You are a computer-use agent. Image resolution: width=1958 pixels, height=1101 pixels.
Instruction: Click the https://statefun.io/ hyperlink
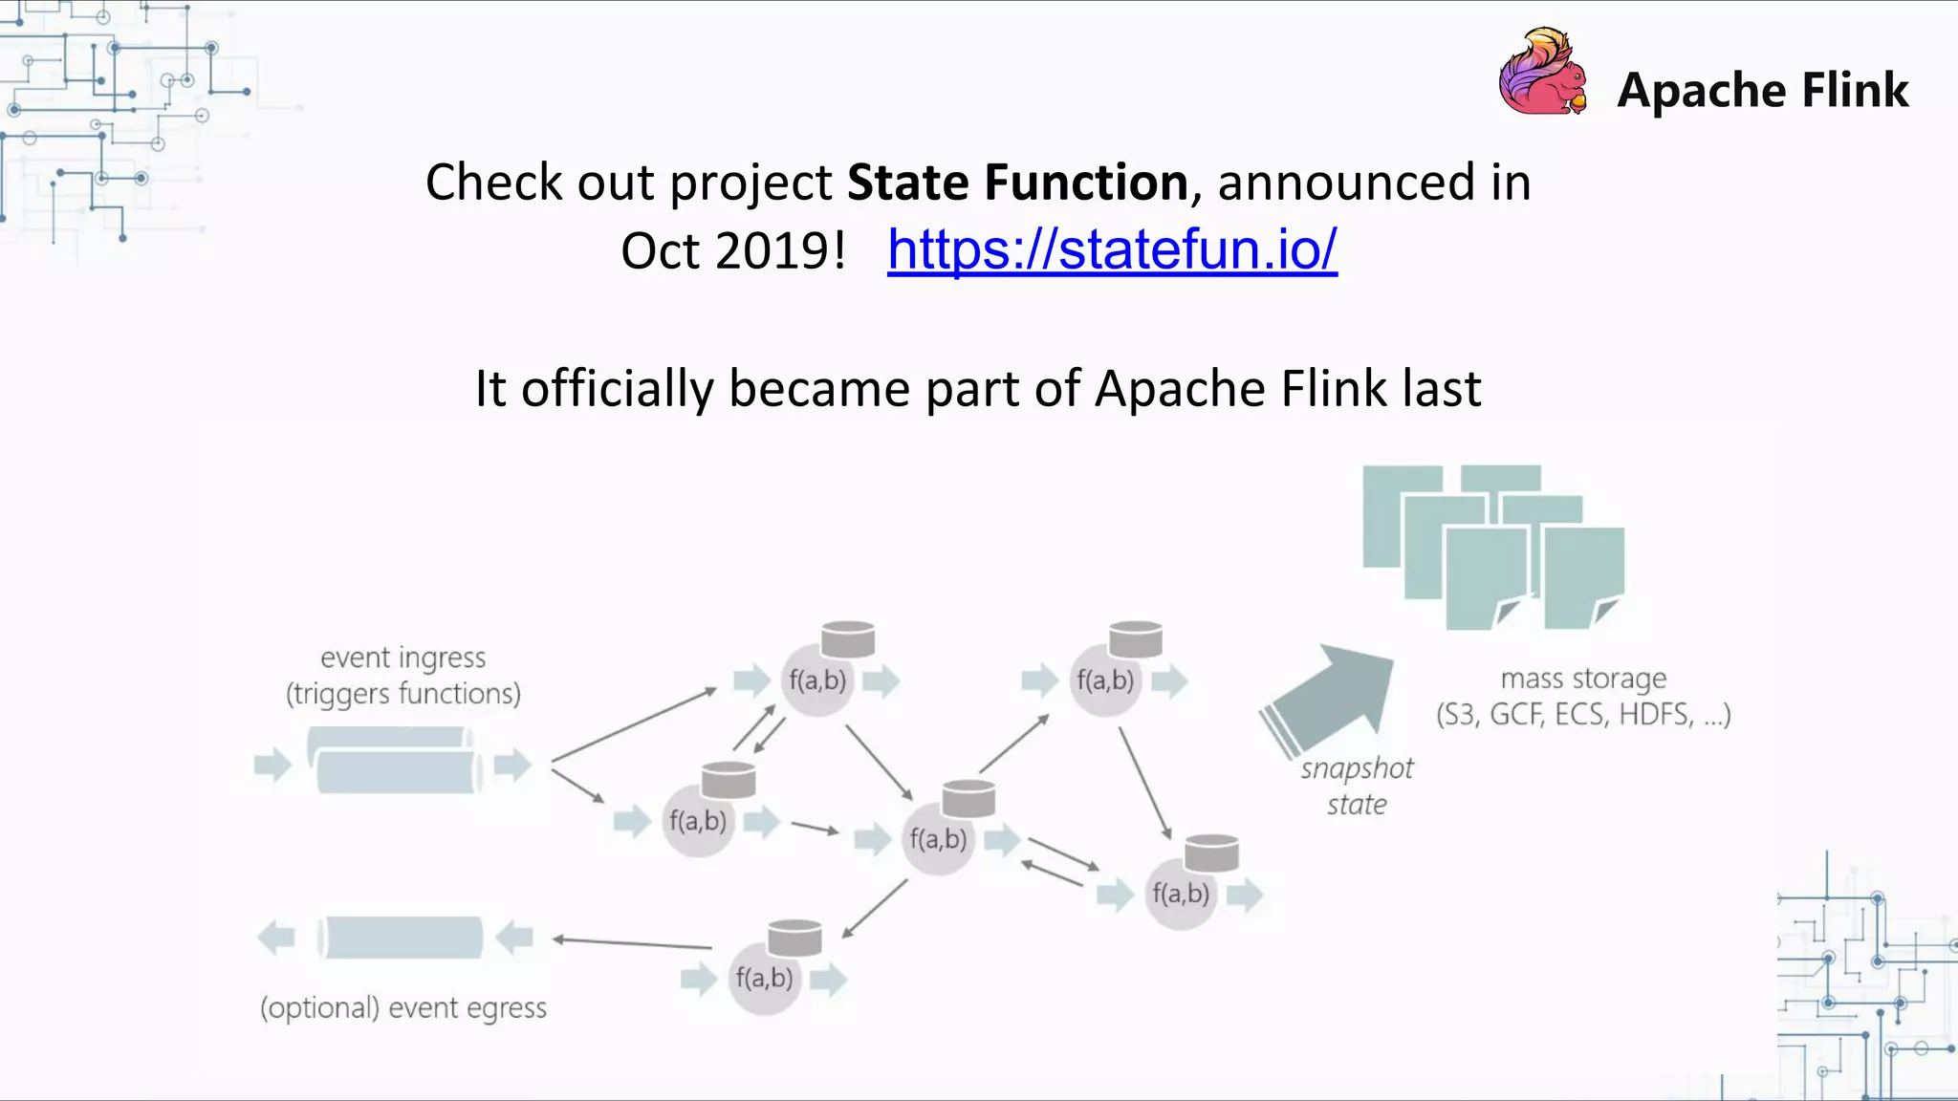click(1112, 250)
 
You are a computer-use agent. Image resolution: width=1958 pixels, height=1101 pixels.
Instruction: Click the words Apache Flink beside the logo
click(1762, 91)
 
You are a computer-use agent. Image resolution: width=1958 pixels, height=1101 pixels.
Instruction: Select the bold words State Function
click(1017, 182)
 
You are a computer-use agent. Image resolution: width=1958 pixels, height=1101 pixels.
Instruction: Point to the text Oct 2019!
click(733, 251)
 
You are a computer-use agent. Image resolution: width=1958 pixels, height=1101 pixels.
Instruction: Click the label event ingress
click(402, 658)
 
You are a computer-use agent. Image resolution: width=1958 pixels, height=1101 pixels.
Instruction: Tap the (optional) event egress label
click(402, 1008)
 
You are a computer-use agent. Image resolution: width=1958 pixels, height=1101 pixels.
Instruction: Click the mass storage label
click(1583, 679)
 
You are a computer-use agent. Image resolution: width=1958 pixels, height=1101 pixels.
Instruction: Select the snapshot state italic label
click(1357, 787)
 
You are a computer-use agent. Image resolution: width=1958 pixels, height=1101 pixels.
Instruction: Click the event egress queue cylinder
click(401, 938)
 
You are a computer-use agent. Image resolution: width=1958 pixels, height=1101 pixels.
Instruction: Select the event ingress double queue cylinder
click(393, 761)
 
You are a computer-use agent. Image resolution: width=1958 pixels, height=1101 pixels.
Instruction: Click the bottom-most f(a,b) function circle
click(764, 979)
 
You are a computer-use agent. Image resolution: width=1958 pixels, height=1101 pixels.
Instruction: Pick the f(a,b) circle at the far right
click(1181, 895)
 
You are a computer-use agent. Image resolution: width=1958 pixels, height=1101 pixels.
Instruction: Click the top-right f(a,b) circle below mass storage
click(1105, 681)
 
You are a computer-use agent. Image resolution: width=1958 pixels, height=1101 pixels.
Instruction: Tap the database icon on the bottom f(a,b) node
click(794, 938)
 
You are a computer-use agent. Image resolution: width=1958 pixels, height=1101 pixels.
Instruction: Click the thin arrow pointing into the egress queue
click(633, 943)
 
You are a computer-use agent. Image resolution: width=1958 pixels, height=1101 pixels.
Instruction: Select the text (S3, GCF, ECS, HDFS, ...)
click(1583, 715)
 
